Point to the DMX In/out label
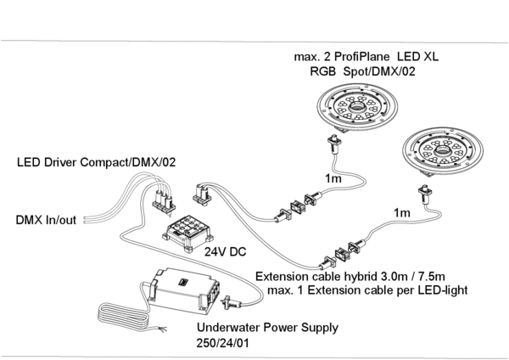[x=46, y=220]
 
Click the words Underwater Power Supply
[x=267, y=327]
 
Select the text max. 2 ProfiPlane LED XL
[x=366, y=57]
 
